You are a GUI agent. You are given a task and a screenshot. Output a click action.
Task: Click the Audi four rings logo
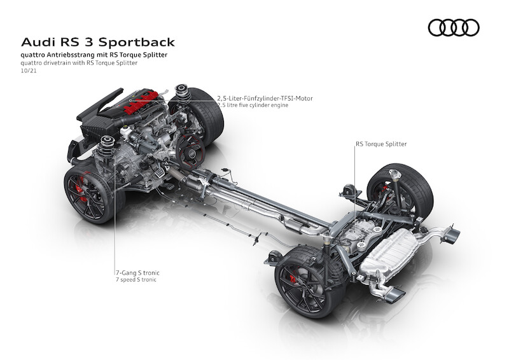[x=454, y=27]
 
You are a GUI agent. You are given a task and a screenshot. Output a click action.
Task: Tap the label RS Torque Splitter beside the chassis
[x=381, y=144]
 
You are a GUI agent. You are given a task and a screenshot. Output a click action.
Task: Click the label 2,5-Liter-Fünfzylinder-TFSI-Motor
[x=265, y=99]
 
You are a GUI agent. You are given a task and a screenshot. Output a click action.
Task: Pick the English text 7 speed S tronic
[x=136, y=280]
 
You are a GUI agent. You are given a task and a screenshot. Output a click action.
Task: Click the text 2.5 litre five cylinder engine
[x=253, y=106]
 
